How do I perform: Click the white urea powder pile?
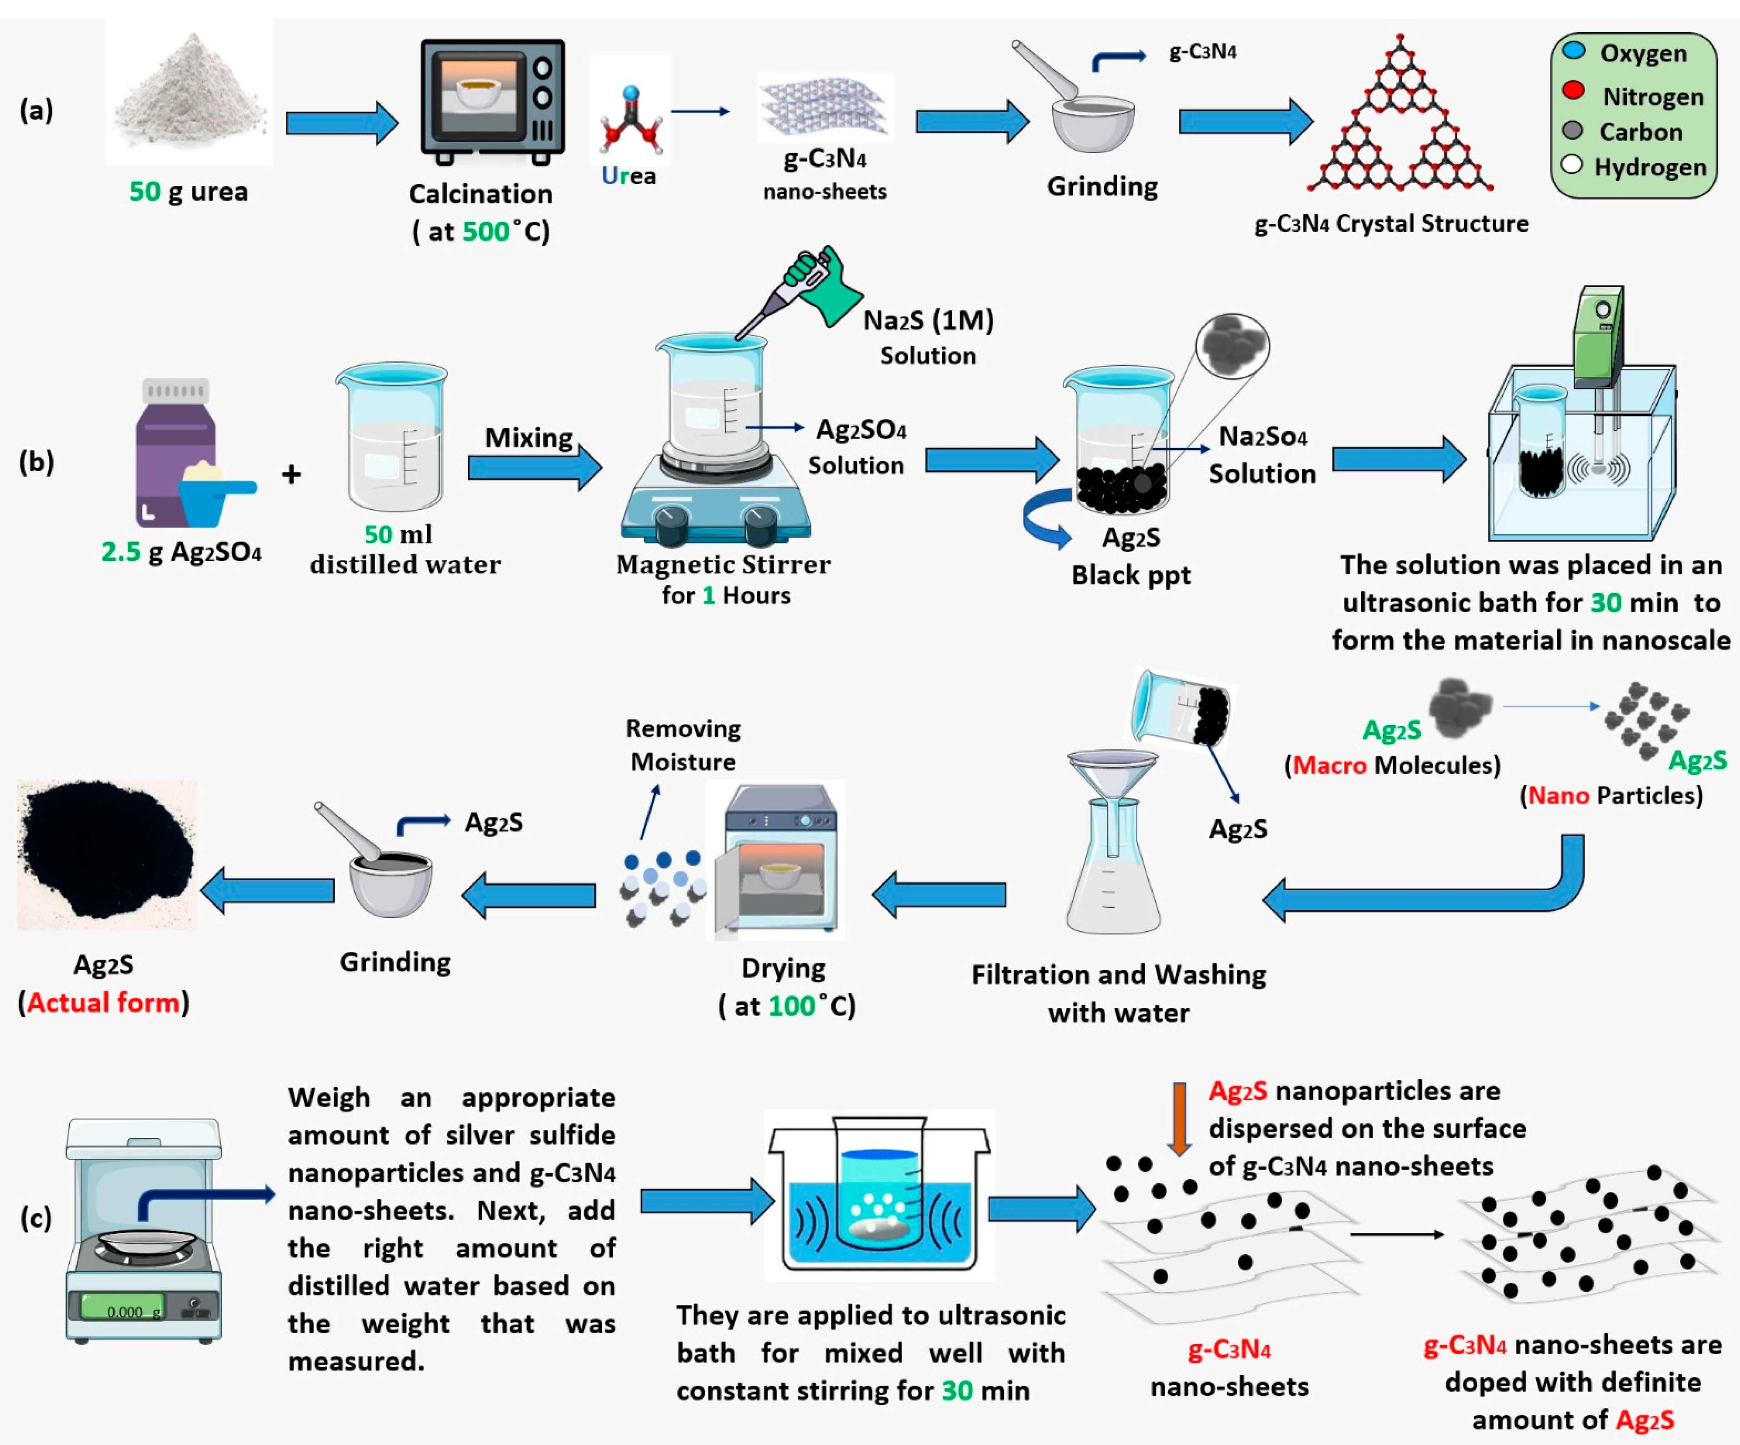(x=189, y=95)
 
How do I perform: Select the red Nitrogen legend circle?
(x=1573, y=91)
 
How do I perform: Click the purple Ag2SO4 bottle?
(x=175, y=455)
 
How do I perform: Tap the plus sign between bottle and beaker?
(x=291, y=474)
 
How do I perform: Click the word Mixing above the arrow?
(x=529, y=437)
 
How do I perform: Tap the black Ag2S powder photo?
(x=106, y=853)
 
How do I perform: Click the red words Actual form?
(x=104, y=1003)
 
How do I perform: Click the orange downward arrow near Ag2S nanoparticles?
(x=1179, y=1118)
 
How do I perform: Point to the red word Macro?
(x=1329, y=765)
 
